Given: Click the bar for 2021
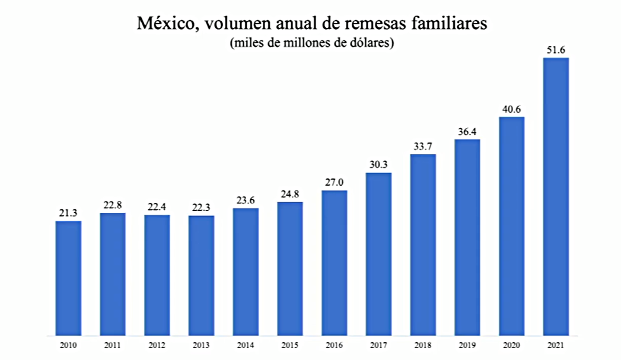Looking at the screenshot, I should tap(556, 196).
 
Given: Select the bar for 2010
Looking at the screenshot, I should tap(68, 278).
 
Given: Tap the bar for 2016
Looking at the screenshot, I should tap(335, 262).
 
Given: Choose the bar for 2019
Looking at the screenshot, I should tap(467, 237).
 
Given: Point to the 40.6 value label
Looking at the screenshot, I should tap(511, 109).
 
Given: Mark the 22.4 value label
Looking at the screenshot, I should tap(157, 207).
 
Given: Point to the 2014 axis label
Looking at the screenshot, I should tap(246, 345).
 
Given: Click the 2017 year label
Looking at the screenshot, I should tap(378, 345).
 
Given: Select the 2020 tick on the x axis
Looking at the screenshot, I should tap(511, 345).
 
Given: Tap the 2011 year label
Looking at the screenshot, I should tap(113, 345).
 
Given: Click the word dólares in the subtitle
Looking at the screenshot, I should tap(368, 43).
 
